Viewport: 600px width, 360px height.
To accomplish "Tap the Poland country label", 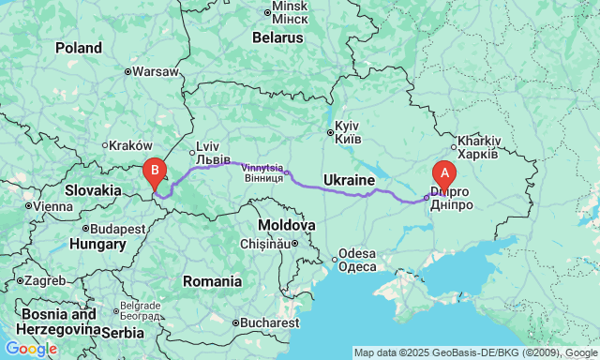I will pos(79,48).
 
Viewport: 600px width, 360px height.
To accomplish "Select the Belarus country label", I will pos(277,38).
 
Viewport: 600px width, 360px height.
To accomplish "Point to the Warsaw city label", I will pos(155,71).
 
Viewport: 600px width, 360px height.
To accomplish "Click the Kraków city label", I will pos(129,145).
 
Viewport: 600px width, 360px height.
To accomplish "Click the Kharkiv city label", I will pos(479,142).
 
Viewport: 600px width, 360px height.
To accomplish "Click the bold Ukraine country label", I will pos(350,179).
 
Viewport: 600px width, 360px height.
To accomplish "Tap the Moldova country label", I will pos(286,226).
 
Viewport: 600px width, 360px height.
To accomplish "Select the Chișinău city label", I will pos(266,244).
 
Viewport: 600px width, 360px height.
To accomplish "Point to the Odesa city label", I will pos(357,254).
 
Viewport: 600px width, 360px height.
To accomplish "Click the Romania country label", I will pos(212,281).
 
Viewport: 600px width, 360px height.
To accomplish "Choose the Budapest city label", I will pos(116,228).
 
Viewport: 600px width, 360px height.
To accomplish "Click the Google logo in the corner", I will pos(30,349).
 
